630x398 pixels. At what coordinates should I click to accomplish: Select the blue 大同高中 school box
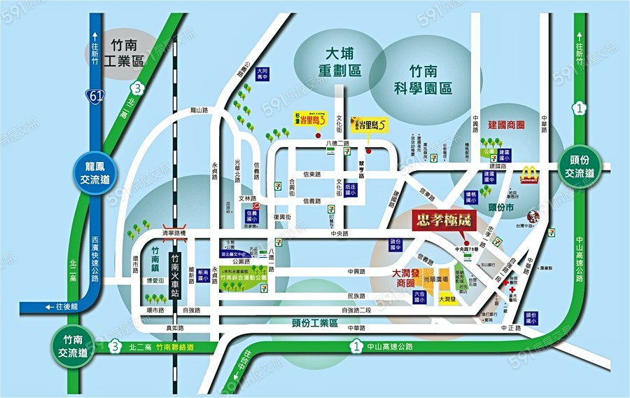262,74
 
